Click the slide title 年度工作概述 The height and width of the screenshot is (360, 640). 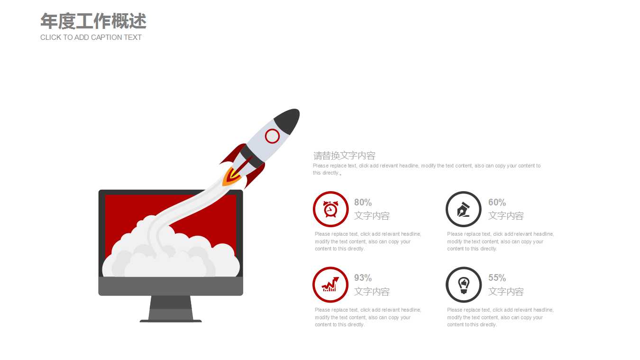(93, 21)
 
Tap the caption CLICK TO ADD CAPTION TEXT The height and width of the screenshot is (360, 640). (91, 37)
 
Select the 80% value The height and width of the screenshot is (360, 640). (363, 203)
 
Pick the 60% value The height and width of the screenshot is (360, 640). (497, 203)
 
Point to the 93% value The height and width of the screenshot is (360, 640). (363, 277)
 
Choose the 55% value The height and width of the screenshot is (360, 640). (497, 277)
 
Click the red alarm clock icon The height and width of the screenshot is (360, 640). (330, 209)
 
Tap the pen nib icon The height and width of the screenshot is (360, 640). (464, 210)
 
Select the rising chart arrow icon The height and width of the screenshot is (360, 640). (330, 284)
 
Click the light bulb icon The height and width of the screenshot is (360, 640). (464, 285)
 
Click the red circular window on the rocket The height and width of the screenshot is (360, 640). (272, 136)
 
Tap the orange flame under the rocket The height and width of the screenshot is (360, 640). (230, 177)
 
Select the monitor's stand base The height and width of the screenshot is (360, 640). (171, 321)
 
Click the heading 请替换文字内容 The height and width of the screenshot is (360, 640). (344, 156)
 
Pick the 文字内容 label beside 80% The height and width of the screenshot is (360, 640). (372, 216)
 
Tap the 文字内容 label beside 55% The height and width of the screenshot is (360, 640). (506, 292)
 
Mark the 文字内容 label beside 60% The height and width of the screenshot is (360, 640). (506, 216)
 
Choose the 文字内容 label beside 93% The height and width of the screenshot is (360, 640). (372, 292)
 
